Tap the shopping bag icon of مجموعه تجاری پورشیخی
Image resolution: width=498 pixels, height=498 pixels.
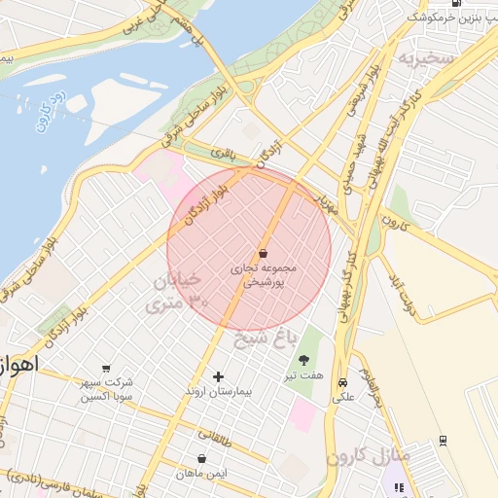coord(263,253)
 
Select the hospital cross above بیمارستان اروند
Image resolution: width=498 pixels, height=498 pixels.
coord(218,376)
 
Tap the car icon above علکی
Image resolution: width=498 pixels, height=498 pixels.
coord(342,382)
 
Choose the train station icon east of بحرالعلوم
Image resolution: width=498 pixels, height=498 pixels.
coord(443,440)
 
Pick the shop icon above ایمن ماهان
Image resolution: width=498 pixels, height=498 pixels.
coord(201,458)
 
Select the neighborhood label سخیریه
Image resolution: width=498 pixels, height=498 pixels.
coord(425,59)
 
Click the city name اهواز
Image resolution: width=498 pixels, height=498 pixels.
coord(19,365)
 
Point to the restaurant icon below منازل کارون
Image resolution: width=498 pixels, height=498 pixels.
coord(398,488)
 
